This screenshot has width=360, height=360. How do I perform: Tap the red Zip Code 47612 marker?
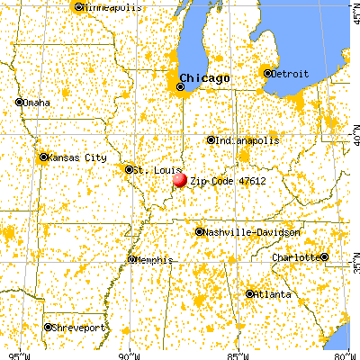coord(179,179)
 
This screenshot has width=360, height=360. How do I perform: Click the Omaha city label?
coord(37,103)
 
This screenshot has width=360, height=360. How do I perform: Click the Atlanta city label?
coord(272,294)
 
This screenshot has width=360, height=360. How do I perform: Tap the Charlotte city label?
coord(297,257)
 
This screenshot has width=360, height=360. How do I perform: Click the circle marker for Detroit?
coord(267,71)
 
